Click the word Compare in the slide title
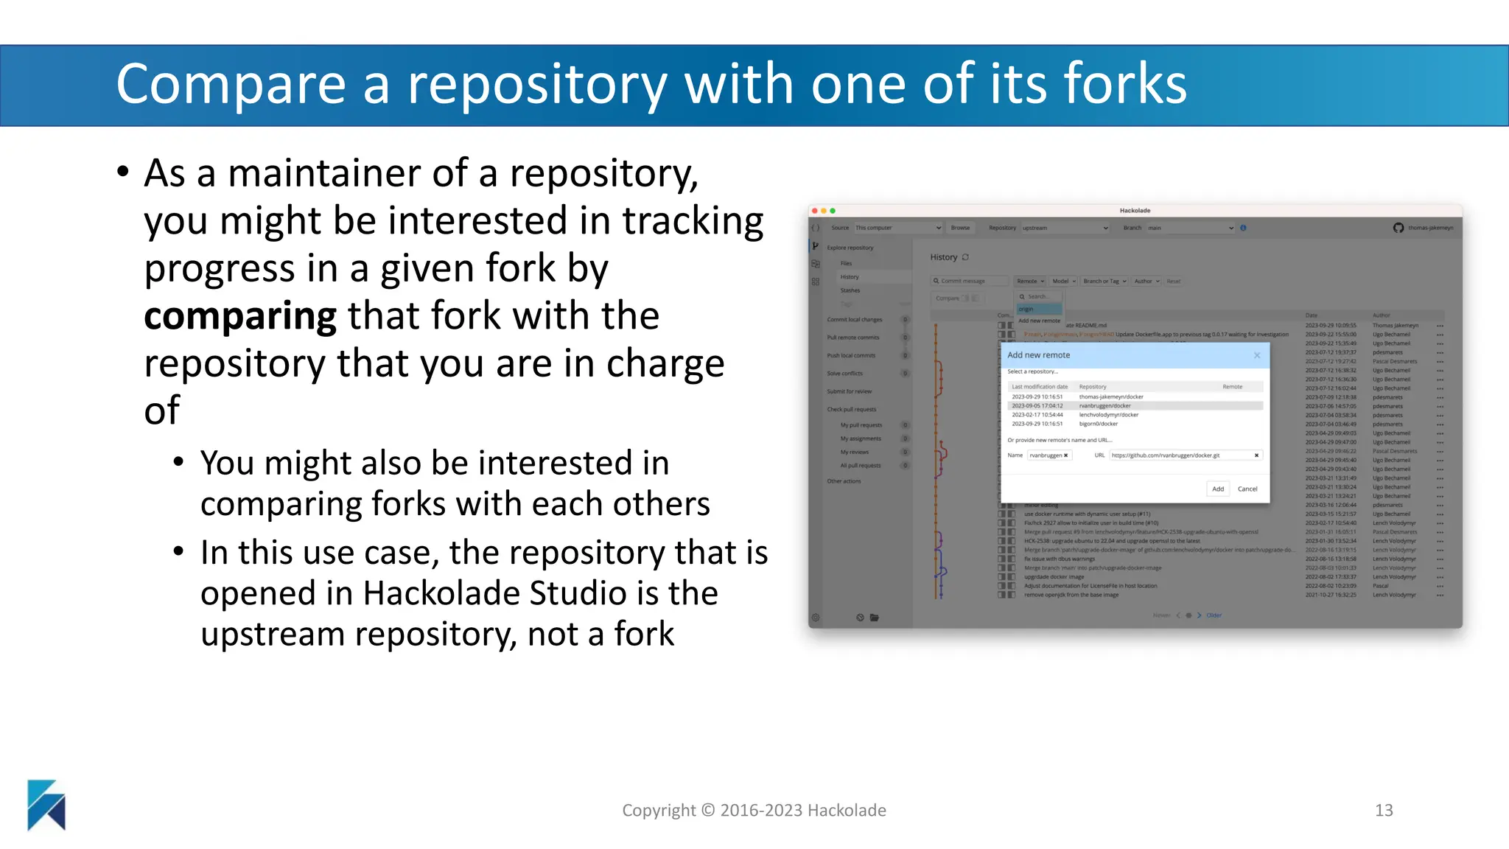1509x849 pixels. point(231,85)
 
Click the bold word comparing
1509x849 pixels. point(240,316)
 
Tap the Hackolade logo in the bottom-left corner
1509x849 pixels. point(46,805)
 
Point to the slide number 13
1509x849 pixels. point(1384,810)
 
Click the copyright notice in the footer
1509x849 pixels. point(754,810)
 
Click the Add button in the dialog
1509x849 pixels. point(1218,489)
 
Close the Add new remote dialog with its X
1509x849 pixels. point(1257,355)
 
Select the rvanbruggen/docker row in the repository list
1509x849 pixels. point(1105,406)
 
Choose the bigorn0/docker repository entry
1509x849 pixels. point(1099,424)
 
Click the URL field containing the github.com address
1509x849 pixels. point(1179,455)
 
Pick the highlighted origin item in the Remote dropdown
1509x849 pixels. point(1026,310)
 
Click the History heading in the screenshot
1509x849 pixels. point(943,257)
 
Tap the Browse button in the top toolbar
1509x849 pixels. point(960,228)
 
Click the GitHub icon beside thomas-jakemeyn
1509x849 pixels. point(1398,228)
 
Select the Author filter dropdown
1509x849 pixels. point(1146,281)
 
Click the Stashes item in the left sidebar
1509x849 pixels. point(850,290)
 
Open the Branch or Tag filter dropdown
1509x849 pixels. point(1104,281)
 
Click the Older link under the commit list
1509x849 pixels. point(1214,615)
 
